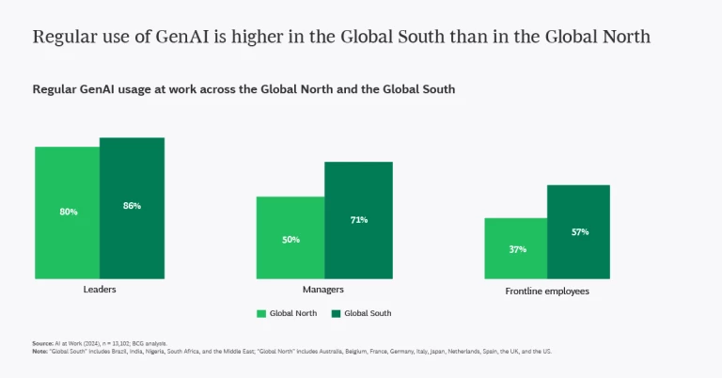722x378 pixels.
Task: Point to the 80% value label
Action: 68,212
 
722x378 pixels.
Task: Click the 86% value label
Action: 132,206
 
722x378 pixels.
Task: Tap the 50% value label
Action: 290,239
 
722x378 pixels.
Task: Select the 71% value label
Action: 358,220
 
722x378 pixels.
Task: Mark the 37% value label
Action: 517,249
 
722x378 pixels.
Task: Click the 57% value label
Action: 579,231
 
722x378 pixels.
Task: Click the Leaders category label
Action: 100,290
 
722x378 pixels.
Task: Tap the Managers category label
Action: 322,290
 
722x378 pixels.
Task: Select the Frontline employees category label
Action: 547,291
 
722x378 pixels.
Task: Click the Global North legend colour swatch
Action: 262,313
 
